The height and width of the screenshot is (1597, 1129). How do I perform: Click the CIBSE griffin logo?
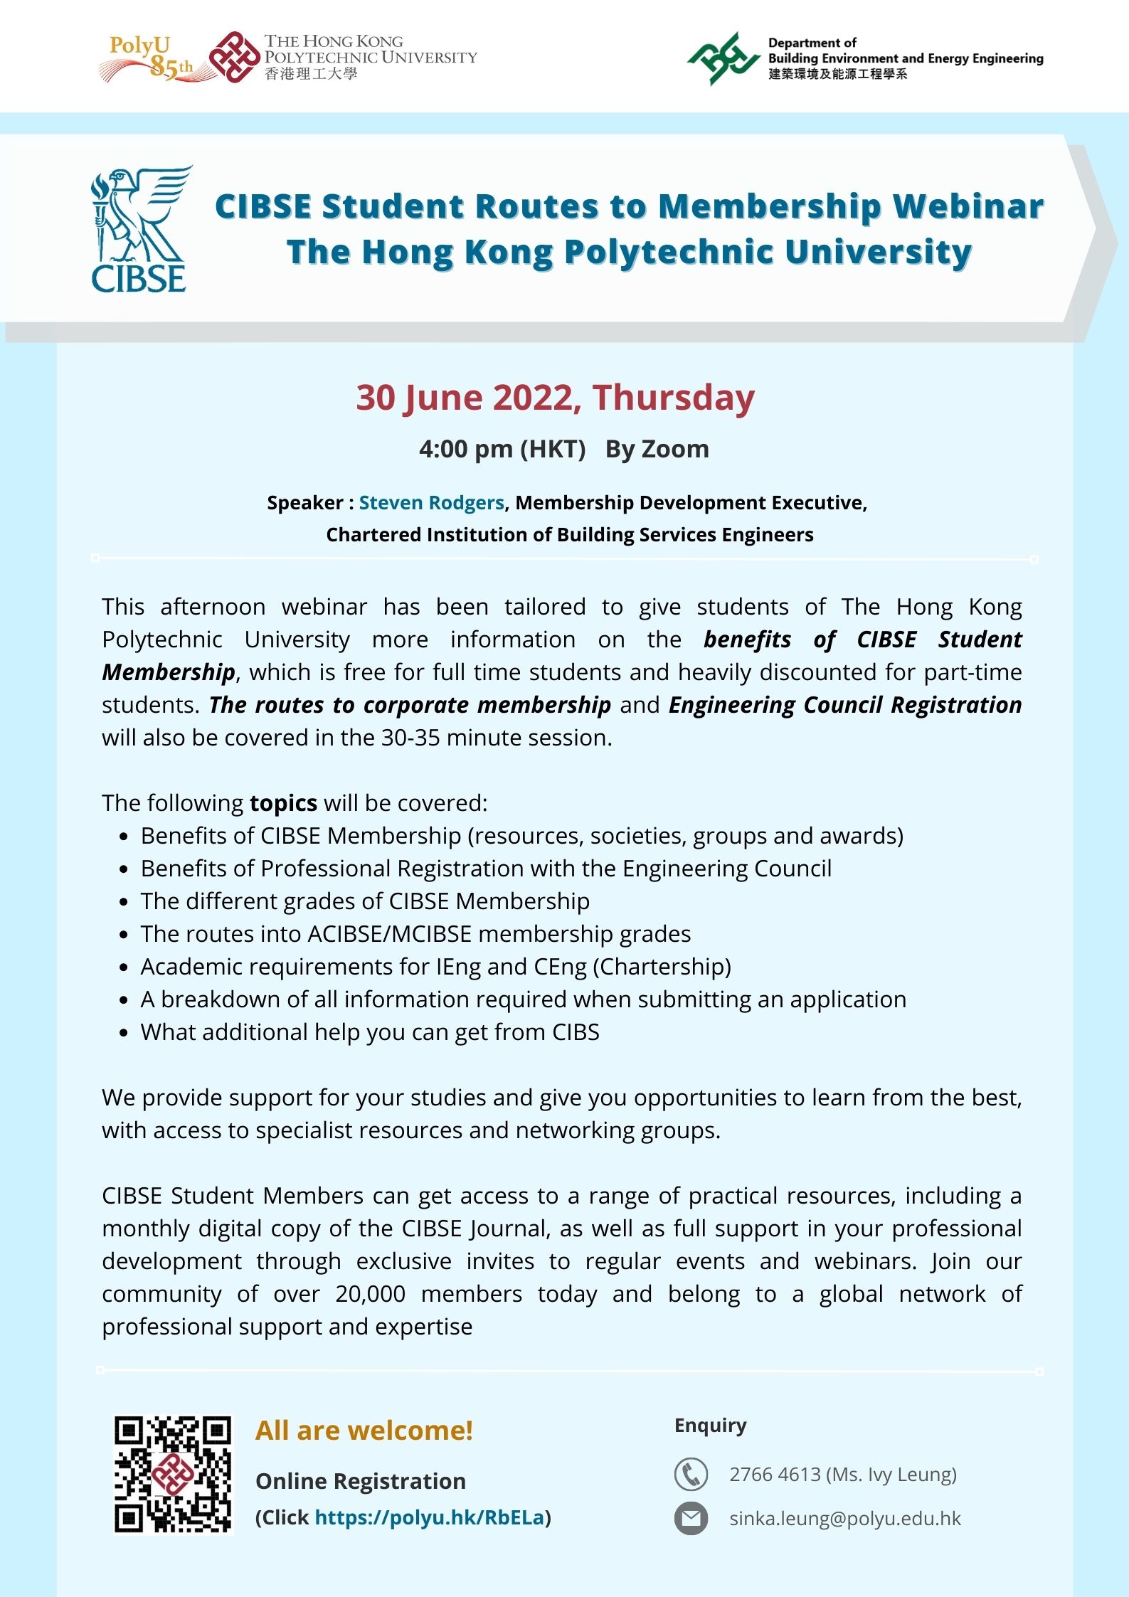[140, 229]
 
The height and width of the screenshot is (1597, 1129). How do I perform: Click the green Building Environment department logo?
[723, 58]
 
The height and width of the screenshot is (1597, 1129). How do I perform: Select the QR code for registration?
[173, 1475]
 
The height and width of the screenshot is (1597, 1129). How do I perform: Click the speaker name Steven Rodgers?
[431, 503]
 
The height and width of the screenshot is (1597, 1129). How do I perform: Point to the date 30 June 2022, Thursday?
[555, 398]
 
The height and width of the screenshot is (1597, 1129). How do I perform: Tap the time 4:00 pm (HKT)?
[502, 450]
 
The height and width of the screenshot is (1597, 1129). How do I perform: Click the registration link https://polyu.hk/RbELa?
[430, 1517]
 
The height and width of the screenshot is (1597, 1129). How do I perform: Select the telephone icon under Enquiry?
[690, 1474]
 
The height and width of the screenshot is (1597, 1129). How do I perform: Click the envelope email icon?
[690, 1519]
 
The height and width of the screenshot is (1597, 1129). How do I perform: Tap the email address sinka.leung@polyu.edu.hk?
[844, 1519]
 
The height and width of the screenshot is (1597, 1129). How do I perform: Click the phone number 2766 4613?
[775, 1474]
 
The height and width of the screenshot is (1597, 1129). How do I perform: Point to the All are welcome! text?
[364, 1431]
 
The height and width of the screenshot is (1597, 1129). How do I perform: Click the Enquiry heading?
[710, 1426]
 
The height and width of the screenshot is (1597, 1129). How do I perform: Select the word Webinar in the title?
[968, 206]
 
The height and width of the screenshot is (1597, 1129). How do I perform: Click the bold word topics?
[283, 803]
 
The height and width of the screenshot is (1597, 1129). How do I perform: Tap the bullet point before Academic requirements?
[124, 967]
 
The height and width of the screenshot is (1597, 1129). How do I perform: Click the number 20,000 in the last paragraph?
[370, 1294]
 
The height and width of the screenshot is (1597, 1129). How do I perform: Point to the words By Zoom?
[657, 450]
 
